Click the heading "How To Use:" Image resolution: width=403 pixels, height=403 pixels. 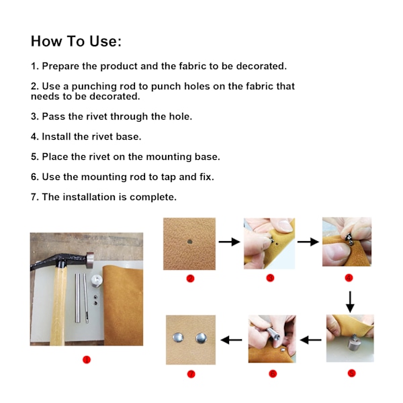[76, 41]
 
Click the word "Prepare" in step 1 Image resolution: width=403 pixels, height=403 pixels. [60, 66]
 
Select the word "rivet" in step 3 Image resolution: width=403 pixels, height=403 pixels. [96, 116]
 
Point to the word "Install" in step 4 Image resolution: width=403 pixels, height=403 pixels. [56, 136]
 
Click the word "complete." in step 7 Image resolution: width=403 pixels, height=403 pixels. [153, 197]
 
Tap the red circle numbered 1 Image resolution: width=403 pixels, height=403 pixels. [87, 359]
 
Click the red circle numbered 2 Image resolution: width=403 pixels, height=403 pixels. [190, 278]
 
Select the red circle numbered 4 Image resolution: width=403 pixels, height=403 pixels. [349, 278]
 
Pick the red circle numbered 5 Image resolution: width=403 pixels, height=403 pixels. [351, 373]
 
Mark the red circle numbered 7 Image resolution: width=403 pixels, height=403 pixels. [191, 374]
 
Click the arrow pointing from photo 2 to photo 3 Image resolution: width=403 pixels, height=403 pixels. [229, 242]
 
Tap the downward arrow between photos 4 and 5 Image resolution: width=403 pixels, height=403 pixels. [350, 302]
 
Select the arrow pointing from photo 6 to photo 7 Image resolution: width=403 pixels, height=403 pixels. [231, 340]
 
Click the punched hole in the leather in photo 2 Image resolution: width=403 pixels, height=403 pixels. [190, 242]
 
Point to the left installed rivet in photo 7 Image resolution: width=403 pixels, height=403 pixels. [178, 337]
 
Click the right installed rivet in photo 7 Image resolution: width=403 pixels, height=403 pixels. [201, 339]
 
